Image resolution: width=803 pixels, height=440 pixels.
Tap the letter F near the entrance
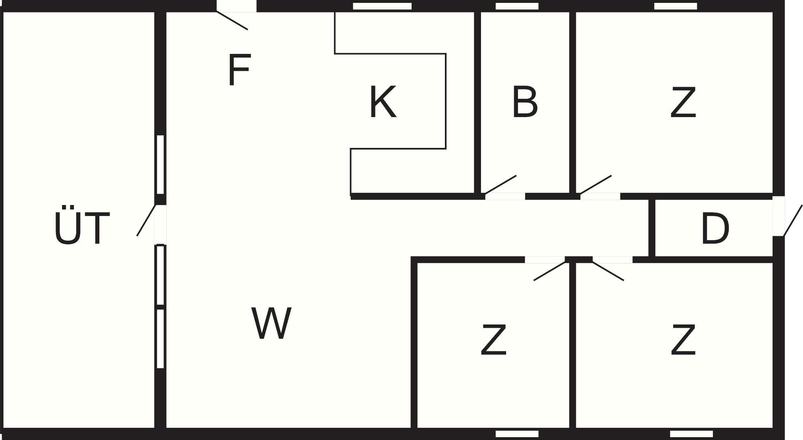[239, 70]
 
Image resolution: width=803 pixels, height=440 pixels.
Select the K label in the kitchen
[382, 102]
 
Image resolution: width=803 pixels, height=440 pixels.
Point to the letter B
[525, 102]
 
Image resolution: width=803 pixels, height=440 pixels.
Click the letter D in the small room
[715, 229]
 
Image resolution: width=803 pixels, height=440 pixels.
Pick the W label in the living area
[271, 323]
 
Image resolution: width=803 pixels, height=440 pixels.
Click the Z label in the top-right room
[683, 102]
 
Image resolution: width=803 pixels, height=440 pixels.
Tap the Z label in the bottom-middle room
[494, 340]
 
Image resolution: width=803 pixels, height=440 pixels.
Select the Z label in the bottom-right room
[683, 340]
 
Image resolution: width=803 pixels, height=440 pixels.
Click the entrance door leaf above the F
[232, 20]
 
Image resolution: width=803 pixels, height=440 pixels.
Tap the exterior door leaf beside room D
[793, 220]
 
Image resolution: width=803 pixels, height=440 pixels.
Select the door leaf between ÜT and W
[146, 220]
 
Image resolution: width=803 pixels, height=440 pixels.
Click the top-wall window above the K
[382, 6]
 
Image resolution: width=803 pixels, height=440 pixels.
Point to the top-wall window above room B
[517, 6]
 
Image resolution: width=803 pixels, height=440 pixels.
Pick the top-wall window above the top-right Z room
[676, 6]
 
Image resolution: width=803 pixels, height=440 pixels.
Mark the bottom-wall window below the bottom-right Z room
[691, 434]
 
